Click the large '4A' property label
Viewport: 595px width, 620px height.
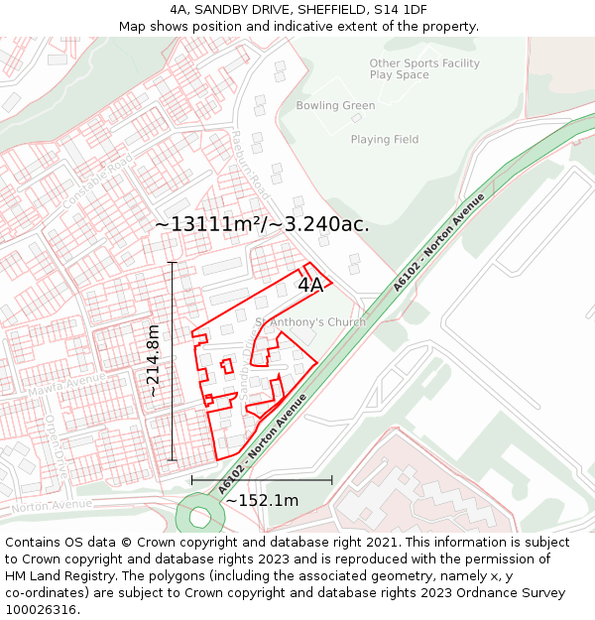coord(310,285)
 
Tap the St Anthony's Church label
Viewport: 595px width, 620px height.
coord(310,321)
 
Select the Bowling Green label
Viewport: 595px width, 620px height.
coord(335,106)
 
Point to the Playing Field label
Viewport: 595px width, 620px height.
coord(384,140)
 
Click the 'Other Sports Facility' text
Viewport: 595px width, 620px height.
coord(423,63)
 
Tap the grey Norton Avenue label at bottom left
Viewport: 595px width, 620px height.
coord(52,505)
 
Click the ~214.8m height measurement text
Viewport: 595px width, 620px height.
coord(153,361)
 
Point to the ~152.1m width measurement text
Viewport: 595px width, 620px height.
coord(262,501)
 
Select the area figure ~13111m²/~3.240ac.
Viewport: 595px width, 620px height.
coord(262,224)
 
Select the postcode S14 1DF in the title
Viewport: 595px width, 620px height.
coord(397,9)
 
